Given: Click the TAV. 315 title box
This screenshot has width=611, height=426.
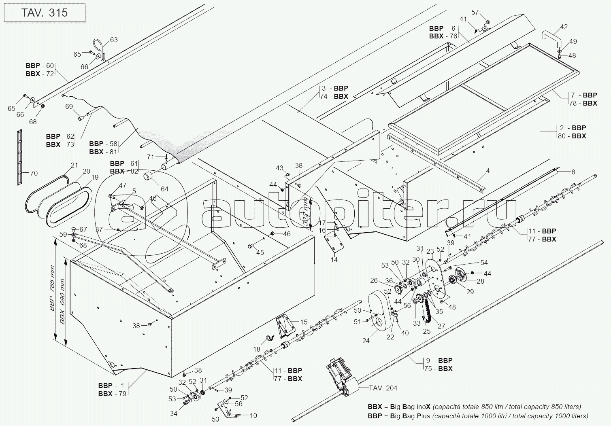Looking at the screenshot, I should pyautogui.click(x=45, y=13).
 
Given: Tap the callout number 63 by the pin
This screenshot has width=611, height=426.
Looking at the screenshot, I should pyautogui.click(x=114, y=40).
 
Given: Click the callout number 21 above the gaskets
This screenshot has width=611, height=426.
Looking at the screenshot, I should pyautogui.click(x=74, y=165).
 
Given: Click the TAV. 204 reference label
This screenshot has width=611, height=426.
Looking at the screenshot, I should pyautogui.click(x=383, y=388).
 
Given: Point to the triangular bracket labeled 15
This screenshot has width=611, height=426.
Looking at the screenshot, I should pyautogui.click(x=285, y=325).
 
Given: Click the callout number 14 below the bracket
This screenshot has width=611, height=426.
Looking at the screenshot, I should pyautogui.click(x=334, y=260).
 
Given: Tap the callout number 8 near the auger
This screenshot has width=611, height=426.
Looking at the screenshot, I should pyautogui.click(x=573, y=172).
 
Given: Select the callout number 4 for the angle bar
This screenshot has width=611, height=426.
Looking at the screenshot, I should pyautogui.click(x=488, y=171).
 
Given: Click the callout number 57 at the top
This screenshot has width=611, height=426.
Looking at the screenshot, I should pyautogui.click(x=475, y=12).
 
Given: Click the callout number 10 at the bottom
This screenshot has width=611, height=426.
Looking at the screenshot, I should pyautogui.click(x=253, y=415).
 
